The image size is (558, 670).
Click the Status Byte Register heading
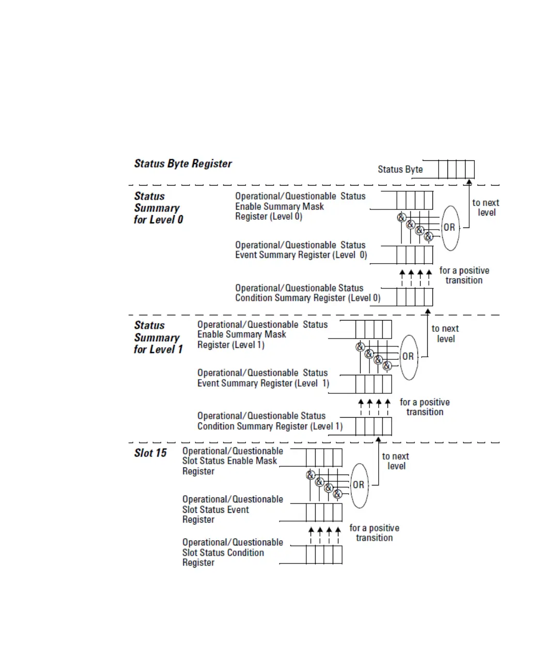pyautogui.click(x=183, y=164)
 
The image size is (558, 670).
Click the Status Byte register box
pyautogui.click(x=456, y=170)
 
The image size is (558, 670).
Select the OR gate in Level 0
pyautogui.click(x=451, y=228)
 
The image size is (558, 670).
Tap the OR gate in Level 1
pyautogui.click(x=409, y=357)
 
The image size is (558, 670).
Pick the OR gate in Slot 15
pyautogui.click(x=359, y=485)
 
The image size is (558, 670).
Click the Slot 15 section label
pyautogui.click(x=150, y=453)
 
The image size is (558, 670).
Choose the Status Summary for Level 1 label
pyautogui.click(x=158, y=338)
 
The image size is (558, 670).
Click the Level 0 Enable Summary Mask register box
pyautogui.click(x=414, y=200)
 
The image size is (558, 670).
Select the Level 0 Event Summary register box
pyautogui.click(x=414, y=255)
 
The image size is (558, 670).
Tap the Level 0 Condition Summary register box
pyautogui.click(x=414, y=297)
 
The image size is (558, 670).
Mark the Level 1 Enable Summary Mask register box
pyautogui.click(x=374, y=329)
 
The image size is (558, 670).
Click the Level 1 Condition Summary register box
pyautogui.click(x=374, y=427)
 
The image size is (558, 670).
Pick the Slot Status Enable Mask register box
pyautogui.click(x=324, y=458)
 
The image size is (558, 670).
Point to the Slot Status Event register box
pyautogui.click(x=324, y=512)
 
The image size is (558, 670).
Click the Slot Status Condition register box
pyautogui.click(x=324, y=555)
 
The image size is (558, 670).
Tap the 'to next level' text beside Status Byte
pyautogui.click(x=486, y=208)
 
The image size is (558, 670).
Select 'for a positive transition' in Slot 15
pyautogui.click(x=374, y=533)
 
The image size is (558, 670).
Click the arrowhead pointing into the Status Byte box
pyautogui.click(x=469, y=182)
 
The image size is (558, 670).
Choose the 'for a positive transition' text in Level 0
pyautogui.click(x=464, y=276)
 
